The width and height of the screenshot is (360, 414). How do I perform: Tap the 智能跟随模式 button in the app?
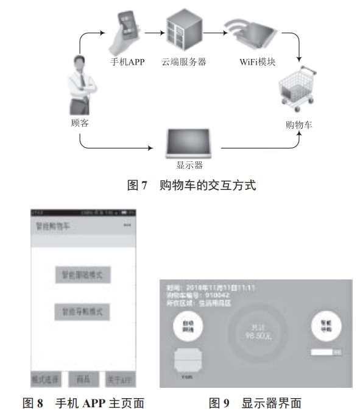click(x=83, y=275)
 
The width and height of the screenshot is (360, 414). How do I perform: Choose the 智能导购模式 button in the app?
click(x=83, y=311)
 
